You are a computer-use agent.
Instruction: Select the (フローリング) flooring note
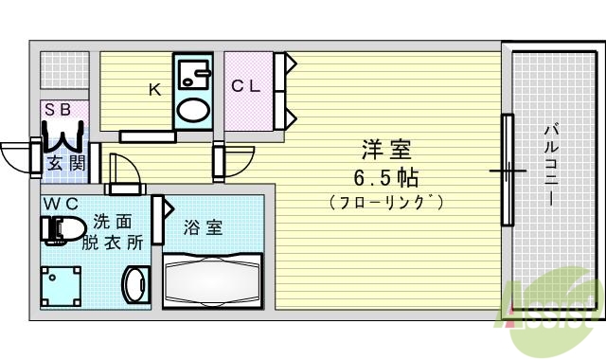(x=387, y=203)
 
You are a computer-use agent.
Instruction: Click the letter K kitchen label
(x=153, y=90)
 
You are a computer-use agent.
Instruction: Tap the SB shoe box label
(x=58, y=110)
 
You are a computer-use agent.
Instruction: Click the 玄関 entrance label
(x=64, y=163)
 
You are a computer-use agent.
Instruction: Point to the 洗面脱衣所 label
(x=118, y=232)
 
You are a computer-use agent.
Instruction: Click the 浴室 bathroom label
(x=203, y=227)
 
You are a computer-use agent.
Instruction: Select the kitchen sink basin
(x=196, y=74)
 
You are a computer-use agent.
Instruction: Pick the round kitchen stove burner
(x=196, y=110)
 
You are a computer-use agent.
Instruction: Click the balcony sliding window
(x=508, y=171)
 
